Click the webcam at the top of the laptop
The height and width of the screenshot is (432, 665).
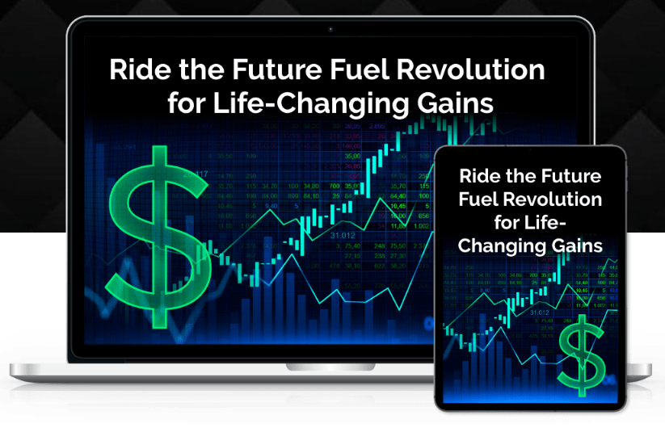pyautogui.click(x=330, y=29)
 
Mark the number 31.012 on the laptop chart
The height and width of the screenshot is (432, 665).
pyautogui.click(x=343, y=235)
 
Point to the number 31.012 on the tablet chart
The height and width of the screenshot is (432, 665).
pyautogui.click(x=544, y=310)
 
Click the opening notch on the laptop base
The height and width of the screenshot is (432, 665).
pyautogui.click(x=330, y=367)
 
